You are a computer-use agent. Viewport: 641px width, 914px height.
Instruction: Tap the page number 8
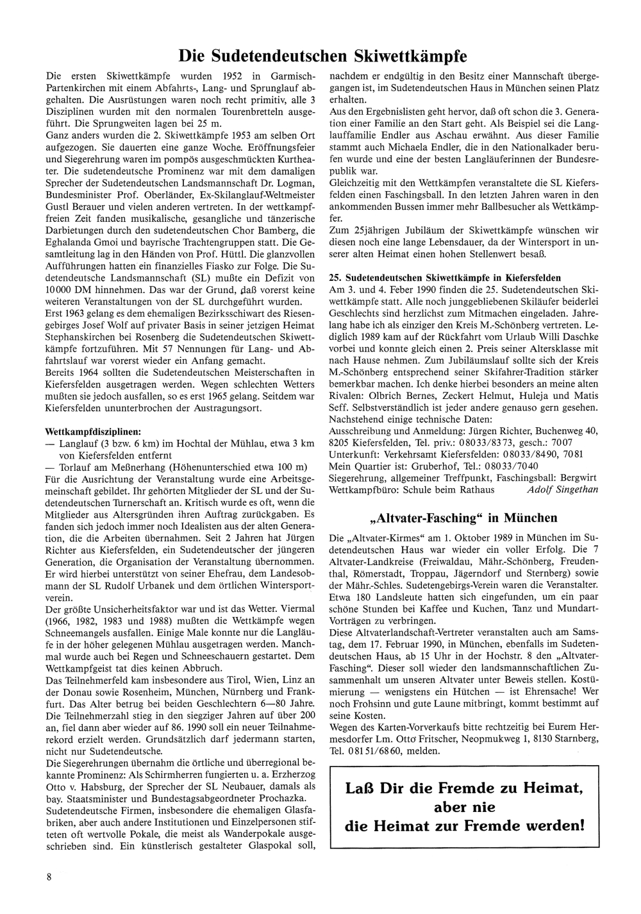pos(49,877)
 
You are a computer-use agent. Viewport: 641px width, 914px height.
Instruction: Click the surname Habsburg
pos(90,786)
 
